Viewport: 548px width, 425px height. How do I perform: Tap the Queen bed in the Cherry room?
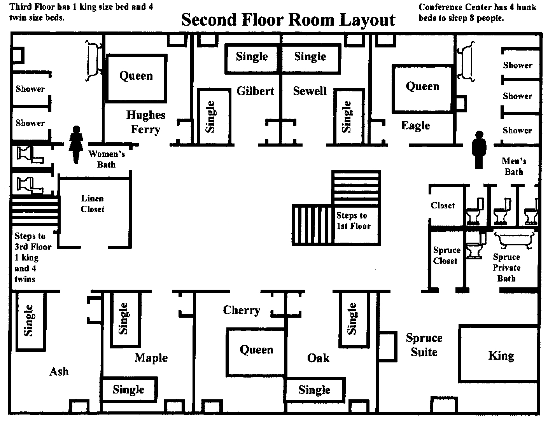point(256,352)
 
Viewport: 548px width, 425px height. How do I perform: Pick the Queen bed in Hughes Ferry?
point(136,78)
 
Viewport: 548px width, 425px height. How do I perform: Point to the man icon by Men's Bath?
point(478,149)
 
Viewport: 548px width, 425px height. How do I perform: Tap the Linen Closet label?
point(92,204)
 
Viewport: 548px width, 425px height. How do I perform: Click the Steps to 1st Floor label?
point(353,221)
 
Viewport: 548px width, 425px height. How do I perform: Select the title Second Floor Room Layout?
point(288,19)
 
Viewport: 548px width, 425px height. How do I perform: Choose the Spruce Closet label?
point(446,255)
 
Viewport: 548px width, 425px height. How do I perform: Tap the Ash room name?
point(59,372)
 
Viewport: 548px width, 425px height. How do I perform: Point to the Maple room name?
point(151,358)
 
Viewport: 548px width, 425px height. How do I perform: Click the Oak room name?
point(318,358)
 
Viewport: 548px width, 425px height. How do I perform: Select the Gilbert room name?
point(255,91)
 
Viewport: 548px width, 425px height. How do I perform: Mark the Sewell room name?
point(310,91)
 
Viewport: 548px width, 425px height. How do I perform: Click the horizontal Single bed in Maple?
point(129,389)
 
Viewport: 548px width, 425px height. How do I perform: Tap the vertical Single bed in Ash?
point(30,320)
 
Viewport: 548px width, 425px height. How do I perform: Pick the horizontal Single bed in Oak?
point(314,390)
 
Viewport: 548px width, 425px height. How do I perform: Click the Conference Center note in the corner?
point(477,12)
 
